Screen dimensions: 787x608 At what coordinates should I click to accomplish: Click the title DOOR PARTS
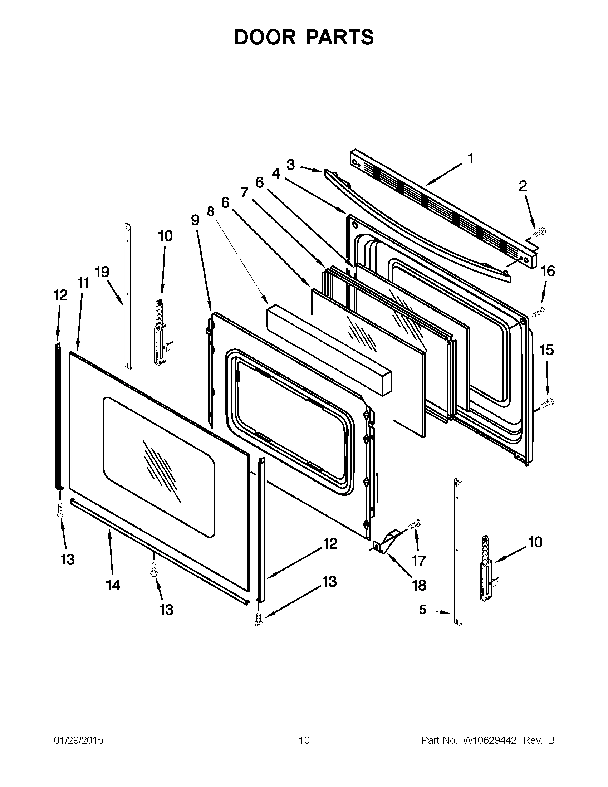point(304,37)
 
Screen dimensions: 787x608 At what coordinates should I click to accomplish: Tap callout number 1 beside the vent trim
point(470,158)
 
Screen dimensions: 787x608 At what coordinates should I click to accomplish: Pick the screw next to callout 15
point(547,402)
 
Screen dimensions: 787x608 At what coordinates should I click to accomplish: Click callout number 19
point(102,272)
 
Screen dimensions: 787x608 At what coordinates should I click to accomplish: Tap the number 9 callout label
point(195,219)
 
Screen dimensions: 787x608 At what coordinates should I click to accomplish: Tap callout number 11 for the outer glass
point(83,283)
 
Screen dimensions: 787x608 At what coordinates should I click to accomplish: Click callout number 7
point(245,193)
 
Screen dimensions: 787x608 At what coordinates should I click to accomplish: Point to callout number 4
point(276,174)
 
